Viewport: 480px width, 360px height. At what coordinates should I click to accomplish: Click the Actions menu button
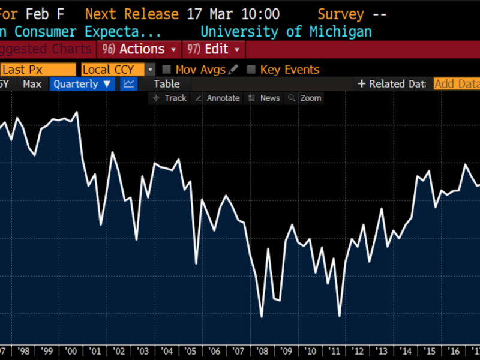(142, 49)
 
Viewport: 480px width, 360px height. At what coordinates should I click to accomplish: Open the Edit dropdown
(215, 49)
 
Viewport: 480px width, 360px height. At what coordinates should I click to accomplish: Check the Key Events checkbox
(251, 70)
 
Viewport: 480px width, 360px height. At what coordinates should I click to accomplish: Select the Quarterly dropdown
(82, 84)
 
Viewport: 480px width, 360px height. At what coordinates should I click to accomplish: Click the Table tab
(167, 84)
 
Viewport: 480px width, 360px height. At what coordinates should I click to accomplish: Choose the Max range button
(32, 84)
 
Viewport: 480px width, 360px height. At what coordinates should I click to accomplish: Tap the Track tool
(170, 98)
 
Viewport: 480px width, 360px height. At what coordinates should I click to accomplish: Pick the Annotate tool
(217, 98)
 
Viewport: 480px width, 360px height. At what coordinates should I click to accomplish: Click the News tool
(265, 98)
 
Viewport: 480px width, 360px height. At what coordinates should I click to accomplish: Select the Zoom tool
(305, 98)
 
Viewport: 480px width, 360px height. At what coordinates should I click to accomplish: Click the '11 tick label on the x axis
(334, 351)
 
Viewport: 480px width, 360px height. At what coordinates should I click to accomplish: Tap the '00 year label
(71, 351)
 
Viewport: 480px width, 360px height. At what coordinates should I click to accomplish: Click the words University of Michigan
(286, 32)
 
